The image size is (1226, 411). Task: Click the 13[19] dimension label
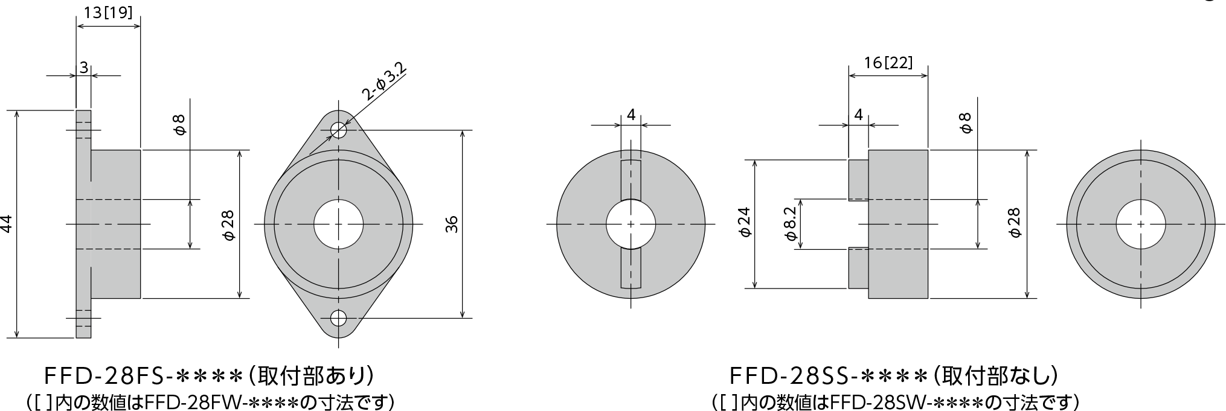coord(108,13)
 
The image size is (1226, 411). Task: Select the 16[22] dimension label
coord(888,62)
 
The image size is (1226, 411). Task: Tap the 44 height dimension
coord(8,225)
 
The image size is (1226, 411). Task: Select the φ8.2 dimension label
coord(792,223)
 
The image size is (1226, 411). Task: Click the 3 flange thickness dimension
coord(84,67)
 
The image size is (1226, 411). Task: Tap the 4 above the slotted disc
coord(631,114)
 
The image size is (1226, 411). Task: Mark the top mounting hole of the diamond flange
coord(339,129)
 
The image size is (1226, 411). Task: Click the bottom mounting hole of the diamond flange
coord(339,317)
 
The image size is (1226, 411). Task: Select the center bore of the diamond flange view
coord(339,224)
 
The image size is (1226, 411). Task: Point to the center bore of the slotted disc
coord(631,224)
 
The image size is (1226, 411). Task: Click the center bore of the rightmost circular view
coord(1140,224)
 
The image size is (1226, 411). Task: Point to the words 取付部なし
coord(997,377)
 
